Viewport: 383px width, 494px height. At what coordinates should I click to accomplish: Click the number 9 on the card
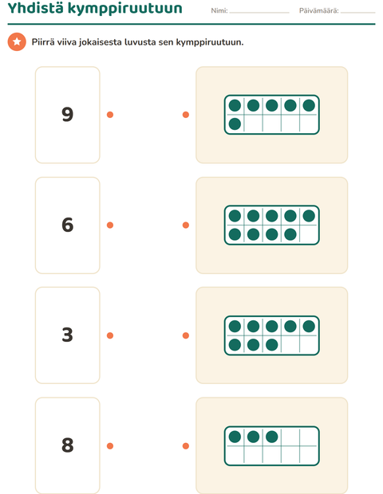[68, 115]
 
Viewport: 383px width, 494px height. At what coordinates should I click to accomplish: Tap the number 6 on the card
[68, 225]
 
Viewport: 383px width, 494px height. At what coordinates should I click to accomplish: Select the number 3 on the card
[68, 335]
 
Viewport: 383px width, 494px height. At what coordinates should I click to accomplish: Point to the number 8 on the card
[68, 445]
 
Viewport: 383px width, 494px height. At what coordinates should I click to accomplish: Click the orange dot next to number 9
[110, 115]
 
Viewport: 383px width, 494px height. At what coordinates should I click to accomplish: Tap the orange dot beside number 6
[110, 225]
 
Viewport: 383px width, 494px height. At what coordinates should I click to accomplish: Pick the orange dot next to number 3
[110, 335]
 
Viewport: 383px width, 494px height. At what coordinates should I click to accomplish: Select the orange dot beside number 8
[110, 446]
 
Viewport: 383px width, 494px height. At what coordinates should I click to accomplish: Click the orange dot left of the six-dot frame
[186, 115]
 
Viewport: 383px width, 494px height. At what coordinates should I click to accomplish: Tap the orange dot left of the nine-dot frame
[186, 225]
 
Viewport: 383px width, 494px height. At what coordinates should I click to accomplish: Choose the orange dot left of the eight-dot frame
[186, 335]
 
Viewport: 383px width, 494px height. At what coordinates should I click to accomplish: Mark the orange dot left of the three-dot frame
[186, 446]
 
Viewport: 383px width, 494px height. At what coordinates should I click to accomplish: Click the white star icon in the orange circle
[17, 41]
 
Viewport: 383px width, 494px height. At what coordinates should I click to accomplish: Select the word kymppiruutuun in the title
[125, 9]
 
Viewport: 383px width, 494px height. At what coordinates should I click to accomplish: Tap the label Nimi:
[219, 10]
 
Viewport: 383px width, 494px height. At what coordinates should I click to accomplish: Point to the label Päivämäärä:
[319, 10]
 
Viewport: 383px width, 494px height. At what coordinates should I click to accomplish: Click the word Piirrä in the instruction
[43, 42]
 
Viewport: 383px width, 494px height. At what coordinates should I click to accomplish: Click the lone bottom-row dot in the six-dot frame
[235, 123]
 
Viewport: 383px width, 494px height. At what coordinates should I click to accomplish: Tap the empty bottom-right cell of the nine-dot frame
[309, 234]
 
